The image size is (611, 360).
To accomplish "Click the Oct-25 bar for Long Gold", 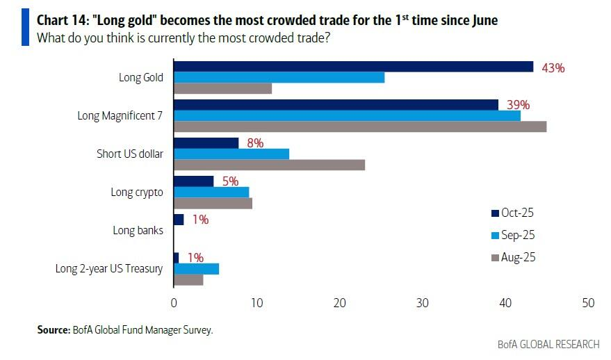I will (x=353, y=67).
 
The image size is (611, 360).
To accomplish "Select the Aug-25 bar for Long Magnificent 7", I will (x=359, y=126).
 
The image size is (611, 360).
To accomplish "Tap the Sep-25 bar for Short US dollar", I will (x=231, y=154).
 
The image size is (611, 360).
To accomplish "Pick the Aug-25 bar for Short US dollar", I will (x=269, y=165).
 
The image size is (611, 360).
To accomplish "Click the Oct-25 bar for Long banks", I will (x=179, y=220).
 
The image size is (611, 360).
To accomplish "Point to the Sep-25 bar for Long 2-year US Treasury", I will (x=196, y=269).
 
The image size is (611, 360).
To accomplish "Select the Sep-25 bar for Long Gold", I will (x=279, y=77).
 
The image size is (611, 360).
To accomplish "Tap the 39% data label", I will (x=518, y=105).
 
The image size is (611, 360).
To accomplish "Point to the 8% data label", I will (x=254, y=143).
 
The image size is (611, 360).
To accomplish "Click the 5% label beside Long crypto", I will (x=229, y=181).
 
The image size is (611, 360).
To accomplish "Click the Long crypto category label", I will (x=137, y=192).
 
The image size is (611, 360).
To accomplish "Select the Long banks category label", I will (x=138, y=230).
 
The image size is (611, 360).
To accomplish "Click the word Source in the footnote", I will (x=53, y=330).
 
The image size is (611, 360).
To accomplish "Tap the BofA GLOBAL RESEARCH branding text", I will (x=548, y=345).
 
